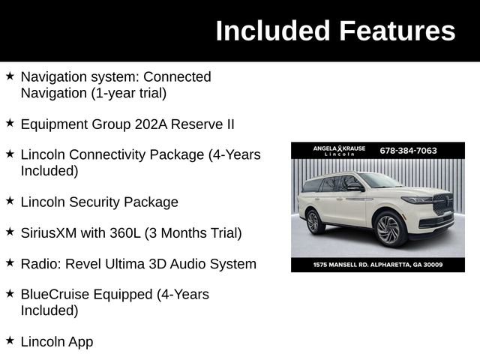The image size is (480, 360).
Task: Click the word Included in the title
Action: [x=272, y=31]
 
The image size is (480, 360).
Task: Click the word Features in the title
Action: [x=397, y=31]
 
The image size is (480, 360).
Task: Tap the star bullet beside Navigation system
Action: [x=10, y=76]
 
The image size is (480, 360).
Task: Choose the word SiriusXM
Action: [x=49, y=233]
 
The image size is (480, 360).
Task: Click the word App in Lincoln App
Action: [x=79, y=342]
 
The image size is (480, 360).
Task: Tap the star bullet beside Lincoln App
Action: [x=10, y=341]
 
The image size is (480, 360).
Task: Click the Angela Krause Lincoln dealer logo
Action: [x=339, y=151]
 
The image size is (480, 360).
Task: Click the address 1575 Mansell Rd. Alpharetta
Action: [x=378, y=265]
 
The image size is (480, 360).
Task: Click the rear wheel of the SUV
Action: [x=313, y=221]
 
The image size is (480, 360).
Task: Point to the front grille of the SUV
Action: [x=442, y=204]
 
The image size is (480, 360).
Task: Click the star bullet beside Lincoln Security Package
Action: [x=10, y=202]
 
